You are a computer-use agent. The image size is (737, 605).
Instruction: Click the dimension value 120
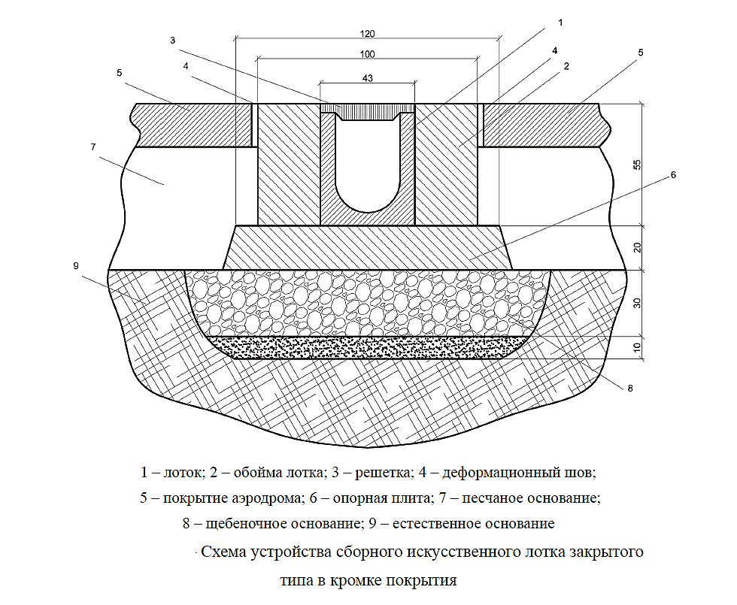pos(367,35)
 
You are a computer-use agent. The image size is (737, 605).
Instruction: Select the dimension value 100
pos(367,55)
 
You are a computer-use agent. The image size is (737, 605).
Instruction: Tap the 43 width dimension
pos(367,77)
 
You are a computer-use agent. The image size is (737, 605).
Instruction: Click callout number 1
pos(560,23)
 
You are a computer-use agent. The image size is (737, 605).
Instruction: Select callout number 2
pos(566,66)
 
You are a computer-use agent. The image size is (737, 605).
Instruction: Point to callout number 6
pos(673,175)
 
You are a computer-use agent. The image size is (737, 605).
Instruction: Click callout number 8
pos(630,388)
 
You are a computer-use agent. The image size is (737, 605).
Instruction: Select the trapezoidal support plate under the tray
pos(367,247)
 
